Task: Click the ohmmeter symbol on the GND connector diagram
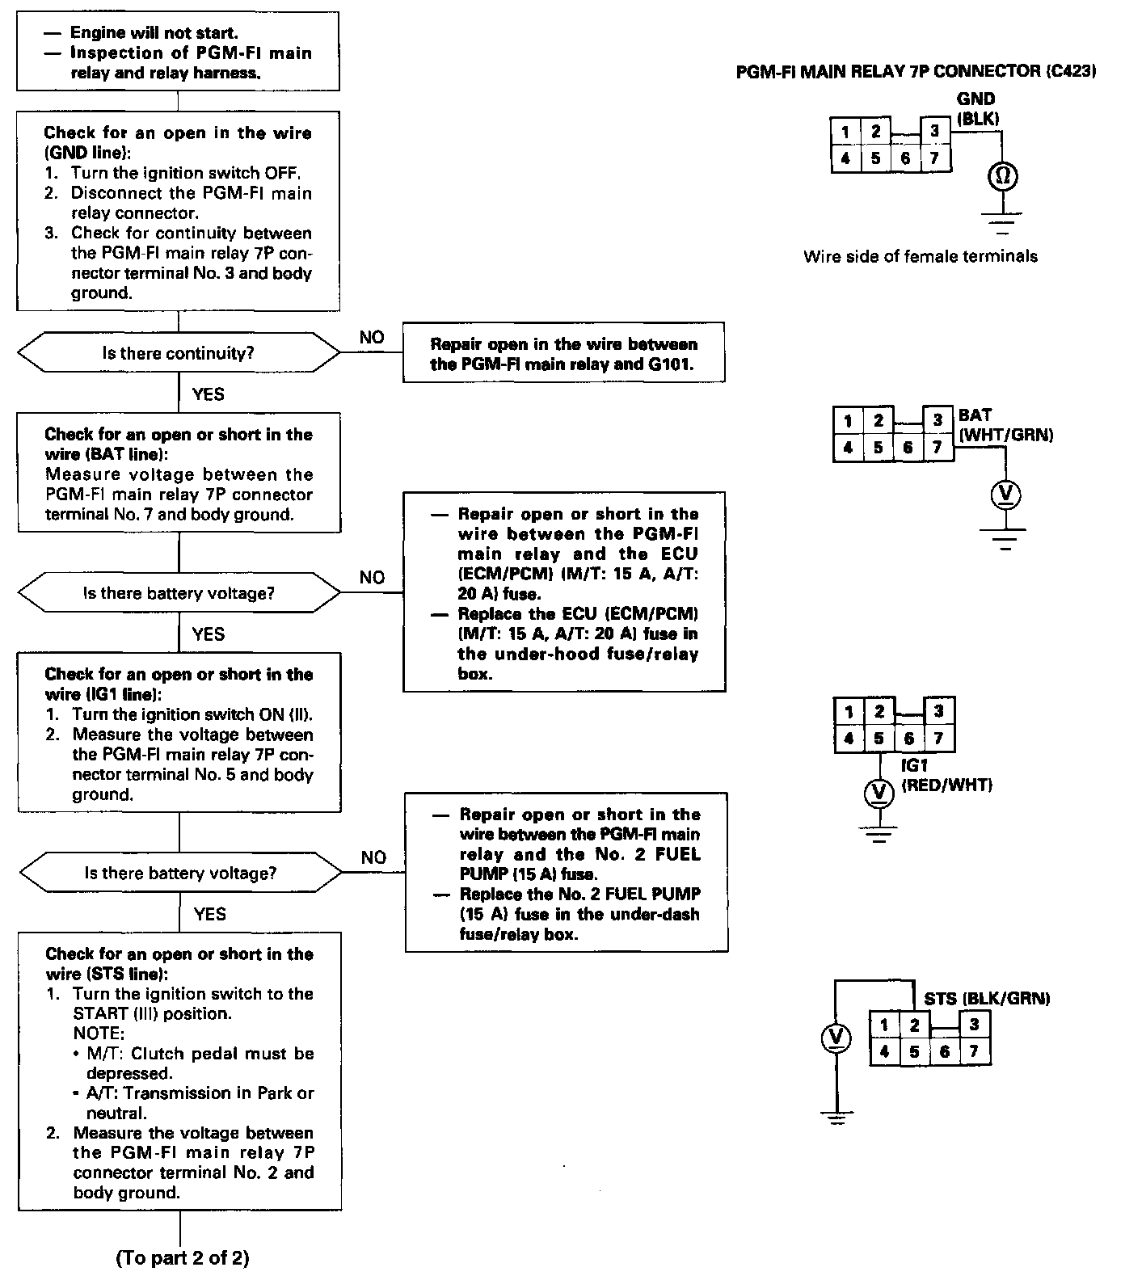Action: click(x=1002, y=175)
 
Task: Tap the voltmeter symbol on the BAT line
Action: click(x=1006, y=494)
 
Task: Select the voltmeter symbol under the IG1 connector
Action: click(x=879, y=793)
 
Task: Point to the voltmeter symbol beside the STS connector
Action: click(x=836, y=1038)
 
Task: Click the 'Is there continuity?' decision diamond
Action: click(x=179, y=354)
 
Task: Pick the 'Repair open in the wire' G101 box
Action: click(x=563, y=354)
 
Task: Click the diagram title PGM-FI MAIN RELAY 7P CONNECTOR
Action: click(x=916, y=72)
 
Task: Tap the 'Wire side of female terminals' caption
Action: click(x=921, y=256)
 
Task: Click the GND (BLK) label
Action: click(x=976, y=108)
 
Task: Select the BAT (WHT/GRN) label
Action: click(x=1005, y=425)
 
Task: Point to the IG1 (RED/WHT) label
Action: click(x=946, y=775)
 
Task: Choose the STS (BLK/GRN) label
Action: click(x=987, y=999)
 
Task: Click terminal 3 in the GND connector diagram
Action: click(x=935, y=132)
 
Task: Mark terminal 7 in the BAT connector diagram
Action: click(x=937, y=447)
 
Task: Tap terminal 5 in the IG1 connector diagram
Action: click(x=879, y=738)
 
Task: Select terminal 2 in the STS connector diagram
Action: click(x=914, y=1025)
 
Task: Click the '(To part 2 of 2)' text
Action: click(x=183, y=1258)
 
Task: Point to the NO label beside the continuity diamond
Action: click(x=372, y=338)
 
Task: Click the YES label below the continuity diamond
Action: click(x=209, y=394)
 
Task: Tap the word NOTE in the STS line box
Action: click(x=99, y=1034)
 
